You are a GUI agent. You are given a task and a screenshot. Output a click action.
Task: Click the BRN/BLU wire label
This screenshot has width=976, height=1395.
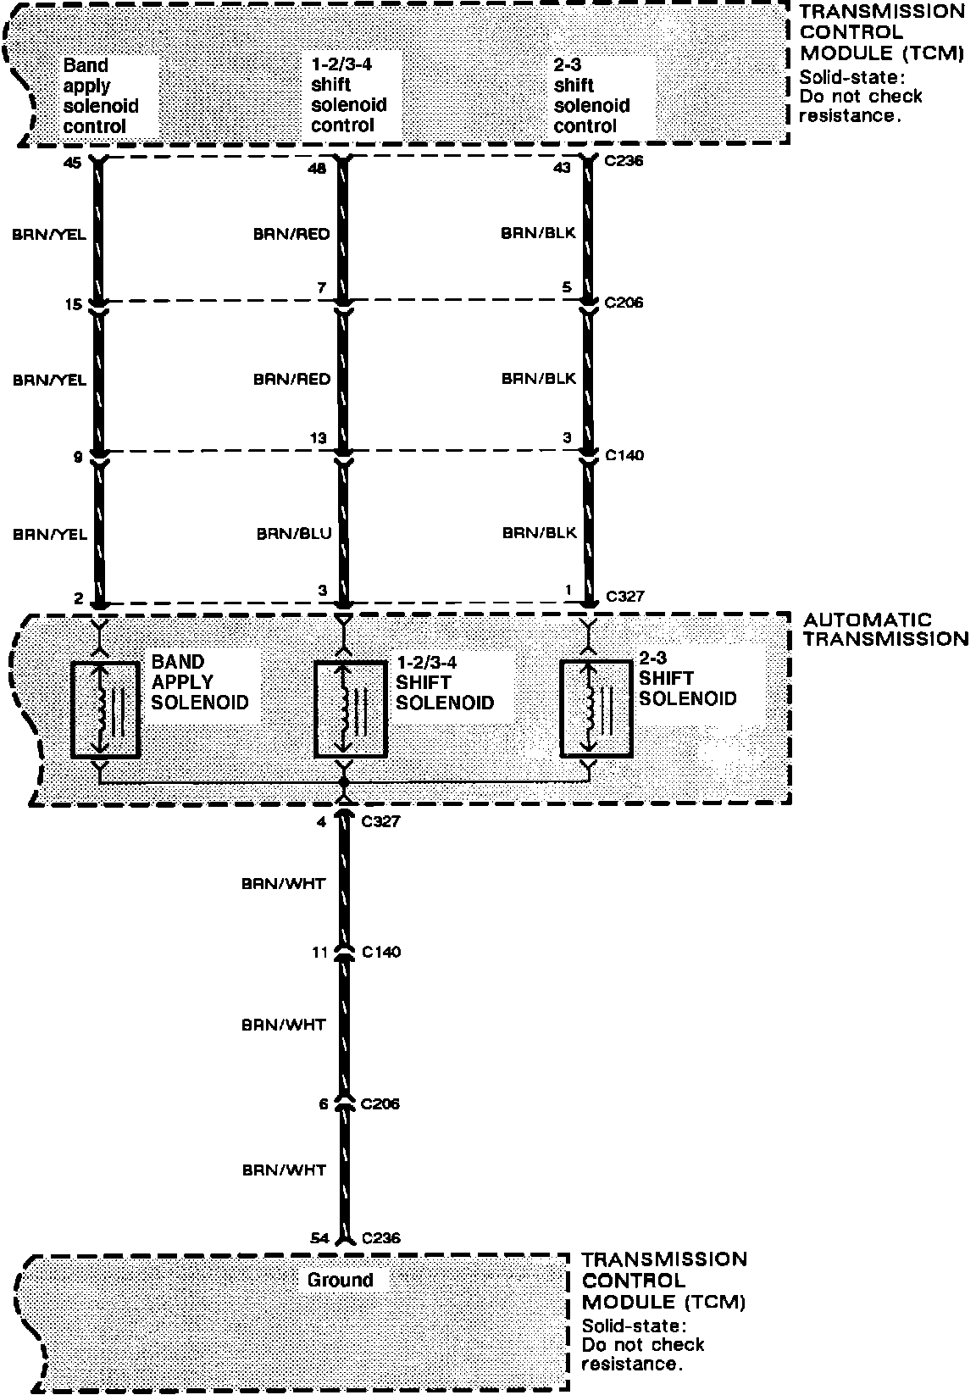pyautogui.click(x=294, y=534)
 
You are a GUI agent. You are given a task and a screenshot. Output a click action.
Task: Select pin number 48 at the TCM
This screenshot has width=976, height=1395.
pyautogui.click(x=317, y=169)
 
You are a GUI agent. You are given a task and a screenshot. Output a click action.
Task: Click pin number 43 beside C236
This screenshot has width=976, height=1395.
pyautogui.click(x=562, y=168)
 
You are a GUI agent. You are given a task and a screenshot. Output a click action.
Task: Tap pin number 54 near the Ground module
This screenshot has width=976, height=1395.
pyautogui.click(x=319, y=1238)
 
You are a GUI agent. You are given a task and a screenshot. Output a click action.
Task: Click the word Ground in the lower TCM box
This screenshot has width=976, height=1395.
pyautogui.click(x=340, y=1280)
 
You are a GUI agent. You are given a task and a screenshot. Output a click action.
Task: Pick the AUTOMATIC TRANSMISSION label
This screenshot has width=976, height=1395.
pyautogui.click(x=885, y=630)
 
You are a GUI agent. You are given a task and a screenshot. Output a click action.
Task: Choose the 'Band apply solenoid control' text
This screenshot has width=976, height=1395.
pyautogui.click(x=101, y=96)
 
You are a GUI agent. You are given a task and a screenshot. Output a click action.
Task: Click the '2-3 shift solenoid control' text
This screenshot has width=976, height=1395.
pyautogui.click(x=591, y=96)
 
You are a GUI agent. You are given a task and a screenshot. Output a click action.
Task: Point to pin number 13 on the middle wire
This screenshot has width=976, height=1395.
pyautogui.click(x=318, y=438)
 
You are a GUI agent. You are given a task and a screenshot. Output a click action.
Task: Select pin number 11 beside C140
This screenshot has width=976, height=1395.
pyautogui.click(x=319, y=953)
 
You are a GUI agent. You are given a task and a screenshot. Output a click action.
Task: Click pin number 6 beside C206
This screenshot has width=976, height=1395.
pyautogui.click(x=323, y=1104)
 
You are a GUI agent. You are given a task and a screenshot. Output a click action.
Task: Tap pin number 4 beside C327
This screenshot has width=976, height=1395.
pyautogui.click(x=322, y=821)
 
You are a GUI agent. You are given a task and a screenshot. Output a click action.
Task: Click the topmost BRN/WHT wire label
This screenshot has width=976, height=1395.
pyautogui.click(x=283, y=884)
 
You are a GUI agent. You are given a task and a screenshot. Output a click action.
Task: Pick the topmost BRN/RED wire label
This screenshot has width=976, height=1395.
pyautogui.click(x=291, y=235)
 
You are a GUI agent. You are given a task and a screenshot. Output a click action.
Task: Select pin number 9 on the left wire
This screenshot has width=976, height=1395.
pyautogui.click(x=77, y=458)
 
